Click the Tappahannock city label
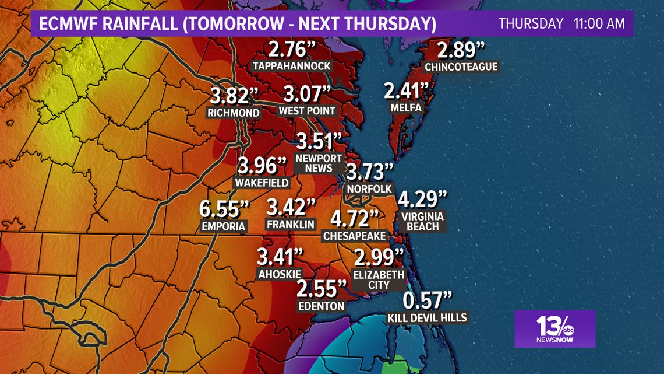(x=292, y=67)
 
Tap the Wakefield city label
(x=262, y=183)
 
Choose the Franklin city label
(x=291, y=224)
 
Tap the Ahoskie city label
(x=280, y=274)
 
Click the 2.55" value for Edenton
(x=321, y=289)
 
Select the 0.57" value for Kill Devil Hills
(x=428, y=301)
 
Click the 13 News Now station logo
(x=554, y=328)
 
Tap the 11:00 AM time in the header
(x=599, y=24)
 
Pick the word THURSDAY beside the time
(x=531, y=24)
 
